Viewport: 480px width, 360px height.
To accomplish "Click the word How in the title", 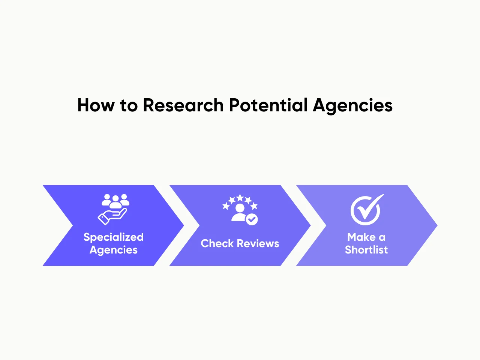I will click(96, 105).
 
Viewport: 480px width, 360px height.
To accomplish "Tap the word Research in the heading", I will click(183, 105).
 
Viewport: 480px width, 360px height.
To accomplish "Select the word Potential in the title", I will click(268, 105).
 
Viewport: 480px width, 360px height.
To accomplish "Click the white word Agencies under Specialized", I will click(113, 250).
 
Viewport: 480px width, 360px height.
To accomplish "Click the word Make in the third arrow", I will click(361, 237).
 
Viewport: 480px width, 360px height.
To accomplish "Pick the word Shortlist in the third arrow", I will click(366, 250).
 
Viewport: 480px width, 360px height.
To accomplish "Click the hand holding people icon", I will click(114, 209).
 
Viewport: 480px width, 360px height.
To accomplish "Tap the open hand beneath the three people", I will click(112, 217).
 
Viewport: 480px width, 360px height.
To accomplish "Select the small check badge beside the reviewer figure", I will click(252, 219).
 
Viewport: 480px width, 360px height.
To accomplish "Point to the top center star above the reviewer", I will click(240, 198).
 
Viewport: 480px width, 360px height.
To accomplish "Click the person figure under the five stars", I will click(239, 213).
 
